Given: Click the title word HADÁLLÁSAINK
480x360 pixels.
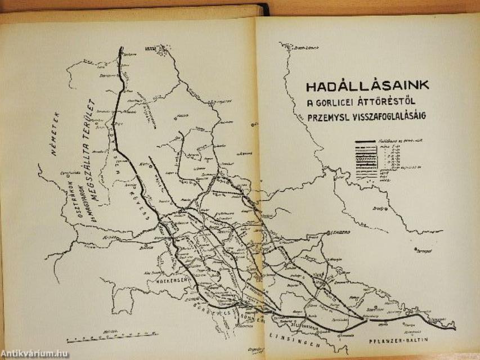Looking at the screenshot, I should click(367, 86).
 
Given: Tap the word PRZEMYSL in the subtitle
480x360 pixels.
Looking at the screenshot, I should click(327, 116).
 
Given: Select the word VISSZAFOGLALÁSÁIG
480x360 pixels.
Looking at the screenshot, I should click(388, 116).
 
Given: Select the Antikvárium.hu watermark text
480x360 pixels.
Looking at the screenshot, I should click(35, 353).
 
